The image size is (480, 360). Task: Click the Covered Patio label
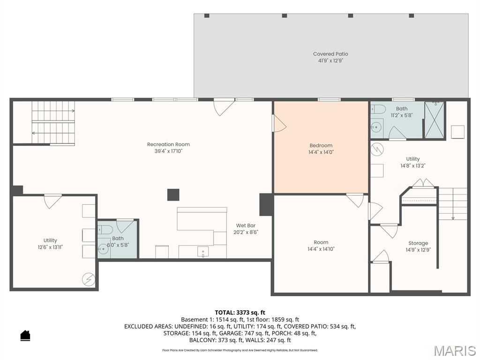(330, 54)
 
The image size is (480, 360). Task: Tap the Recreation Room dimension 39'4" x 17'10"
(168, 151)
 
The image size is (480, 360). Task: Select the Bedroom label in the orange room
(321, 145)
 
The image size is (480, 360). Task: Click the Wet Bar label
(246, 225)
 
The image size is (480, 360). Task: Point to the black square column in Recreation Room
(173, 195)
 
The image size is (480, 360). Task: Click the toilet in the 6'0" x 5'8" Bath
(105, 229)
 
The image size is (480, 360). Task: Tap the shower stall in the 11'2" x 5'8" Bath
(434, 120)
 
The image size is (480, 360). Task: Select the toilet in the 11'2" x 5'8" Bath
(378, 110)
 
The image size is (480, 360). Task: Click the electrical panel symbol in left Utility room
(88, 279)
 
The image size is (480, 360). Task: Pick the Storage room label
(418, 243)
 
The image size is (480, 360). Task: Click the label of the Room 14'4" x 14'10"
(321, 242)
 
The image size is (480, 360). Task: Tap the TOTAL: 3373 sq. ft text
(240, 312)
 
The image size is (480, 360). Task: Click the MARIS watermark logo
(454, 351)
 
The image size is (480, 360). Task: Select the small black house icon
(25, 335)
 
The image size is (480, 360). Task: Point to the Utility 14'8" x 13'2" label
(413, 159)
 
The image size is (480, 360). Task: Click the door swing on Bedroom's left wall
(279, 124)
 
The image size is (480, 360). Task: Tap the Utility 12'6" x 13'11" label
(50, 240)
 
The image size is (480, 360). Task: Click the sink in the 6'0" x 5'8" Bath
(103, 250)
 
